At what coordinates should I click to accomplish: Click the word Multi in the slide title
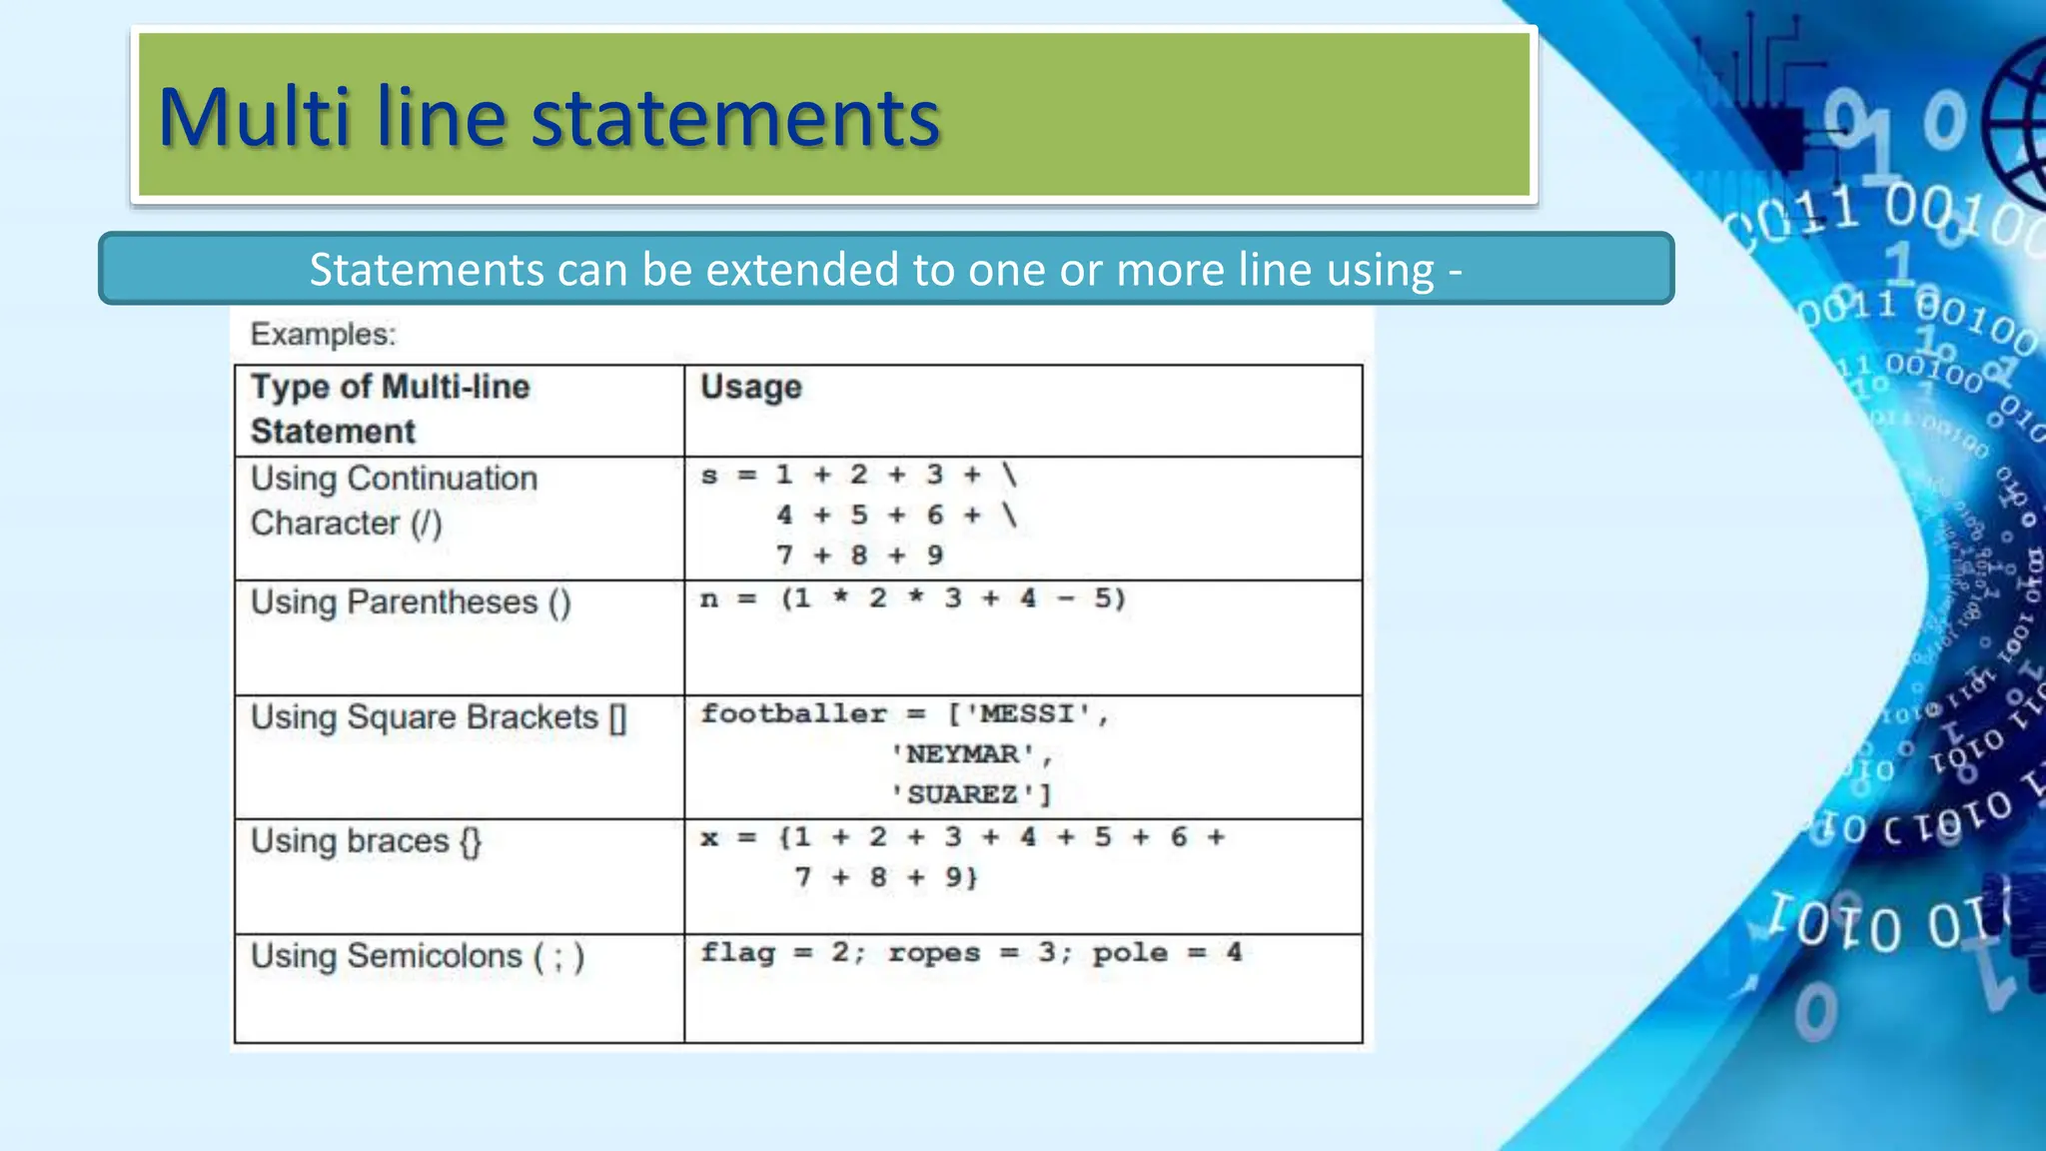tap(254, 118)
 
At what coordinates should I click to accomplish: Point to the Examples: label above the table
tap(323, 334)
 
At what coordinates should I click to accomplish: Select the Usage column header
tap(750, 388)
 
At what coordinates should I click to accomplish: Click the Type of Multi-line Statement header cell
tap(390, 409)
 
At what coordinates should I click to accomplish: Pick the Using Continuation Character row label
tap(394, 501)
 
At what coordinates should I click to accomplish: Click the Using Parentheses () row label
tap(411, 602)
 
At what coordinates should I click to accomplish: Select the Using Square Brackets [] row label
tap(439, 717)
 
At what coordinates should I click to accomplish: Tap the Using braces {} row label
tap(366, 841)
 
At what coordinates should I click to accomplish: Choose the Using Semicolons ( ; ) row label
tap(417, 956)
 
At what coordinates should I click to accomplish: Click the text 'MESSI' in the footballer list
tap(1028, 714)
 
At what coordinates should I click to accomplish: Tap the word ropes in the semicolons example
tap(933, 952)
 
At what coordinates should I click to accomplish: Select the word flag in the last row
tap(737, 952)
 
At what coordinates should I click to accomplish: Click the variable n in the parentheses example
tap(709, 599)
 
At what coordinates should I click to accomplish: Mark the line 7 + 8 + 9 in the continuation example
tap(859, 556)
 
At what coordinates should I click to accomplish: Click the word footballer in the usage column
tap(793, 714)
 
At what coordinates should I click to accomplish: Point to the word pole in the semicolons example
tap(1129, 952)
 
